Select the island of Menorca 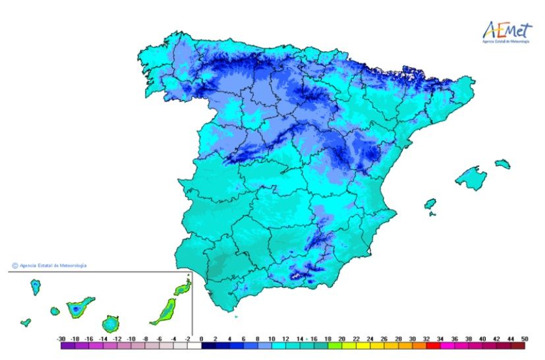[503, 163]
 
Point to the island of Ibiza [430, 204]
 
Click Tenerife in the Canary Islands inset [79, 307]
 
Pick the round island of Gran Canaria [111, 324]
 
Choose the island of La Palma [36, 287]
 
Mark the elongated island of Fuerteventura [163, 311]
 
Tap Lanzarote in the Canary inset [182, 288]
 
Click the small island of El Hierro [26, 322]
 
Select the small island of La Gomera [55, 311]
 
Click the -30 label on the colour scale [61, 338]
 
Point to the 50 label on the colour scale [525, 338]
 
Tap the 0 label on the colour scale [201, 338]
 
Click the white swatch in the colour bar [194, 345]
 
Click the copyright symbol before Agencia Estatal [14, 266]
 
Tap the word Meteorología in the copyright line [72, 266]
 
